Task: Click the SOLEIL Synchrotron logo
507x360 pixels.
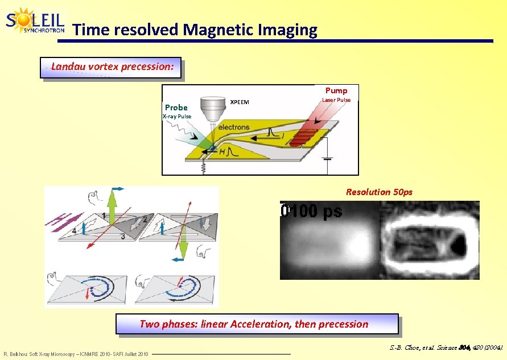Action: (x=35, y=22)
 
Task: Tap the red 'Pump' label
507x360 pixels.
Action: (x=336, y=90)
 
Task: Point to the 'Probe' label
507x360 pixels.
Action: (x=176, y=107)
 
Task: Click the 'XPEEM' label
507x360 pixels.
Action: (x=239, y=102)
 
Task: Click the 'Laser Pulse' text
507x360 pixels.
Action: (x=336, y=100)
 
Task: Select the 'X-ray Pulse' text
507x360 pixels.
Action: (x=177, y=117)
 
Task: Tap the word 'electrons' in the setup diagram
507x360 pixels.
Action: (x=233, y=127)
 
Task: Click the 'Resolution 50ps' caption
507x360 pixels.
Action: (x=379, y=192)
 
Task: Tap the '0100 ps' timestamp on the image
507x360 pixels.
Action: (x=312, y=212)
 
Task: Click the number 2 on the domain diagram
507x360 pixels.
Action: (x=145, y=219)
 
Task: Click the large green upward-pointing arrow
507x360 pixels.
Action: (x=113, y=208)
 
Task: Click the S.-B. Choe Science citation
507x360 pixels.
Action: (x=446, y=346)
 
